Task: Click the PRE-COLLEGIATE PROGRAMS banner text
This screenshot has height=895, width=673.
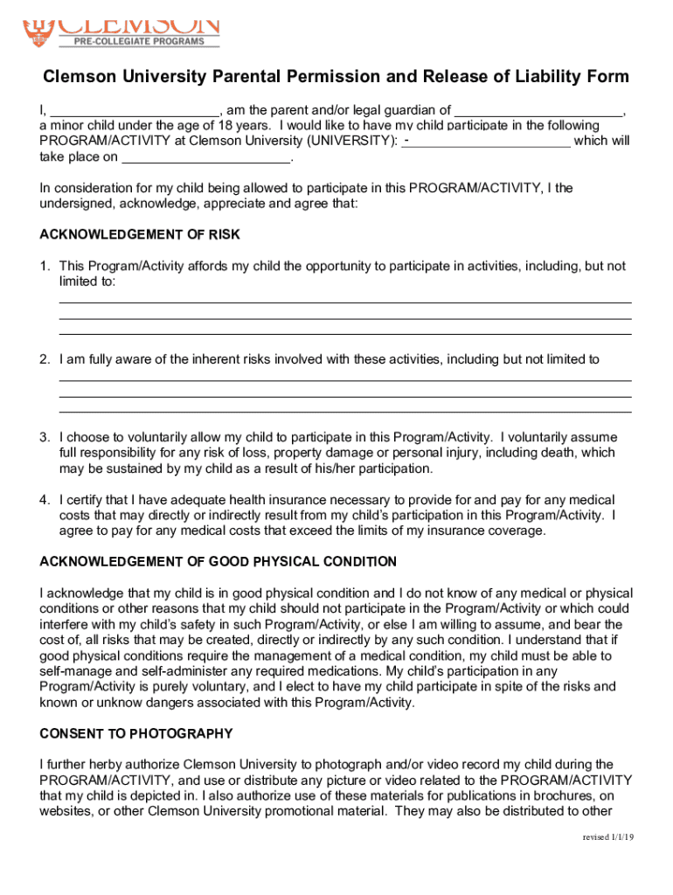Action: point(139,41)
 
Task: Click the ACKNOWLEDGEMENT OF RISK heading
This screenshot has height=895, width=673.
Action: point(140,235)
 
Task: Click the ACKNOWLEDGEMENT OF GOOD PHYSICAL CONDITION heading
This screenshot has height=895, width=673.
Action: point(218,561)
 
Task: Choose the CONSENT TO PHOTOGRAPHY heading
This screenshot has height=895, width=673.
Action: point(136,733)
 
